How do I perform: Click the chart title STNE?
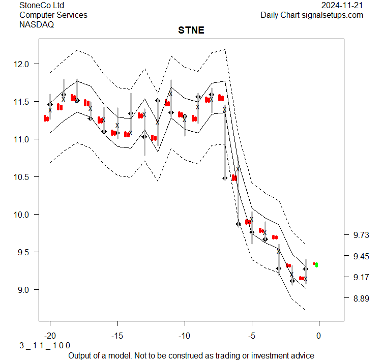pos(191,30)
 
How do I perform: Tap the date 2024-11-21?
pos(342,6)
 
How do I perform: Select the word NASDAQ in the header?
pos(37,24)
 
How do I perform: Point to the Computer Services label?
pos(53,15)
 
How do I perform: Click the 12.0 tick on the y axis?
pos(23,64)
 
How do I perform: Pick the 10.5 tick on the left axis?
pos(23,177)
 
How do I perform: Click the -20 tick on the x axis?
pos(50,336)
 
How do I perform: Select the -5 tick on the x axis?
pos(251,336)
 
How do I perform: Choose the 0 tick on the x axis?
pos(319,336)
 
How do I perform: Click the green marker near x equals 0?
pos(317,264)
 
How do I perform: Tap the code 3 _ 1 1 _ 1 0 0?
pos(45,345)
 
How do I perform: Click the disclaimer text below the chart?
pos(191,355)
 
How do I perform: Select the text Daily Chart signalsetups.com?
pos(312,15)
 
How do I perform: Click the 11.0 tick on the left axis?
pos(23,139)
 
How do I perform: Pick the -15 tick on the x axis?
pos(117,336)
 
